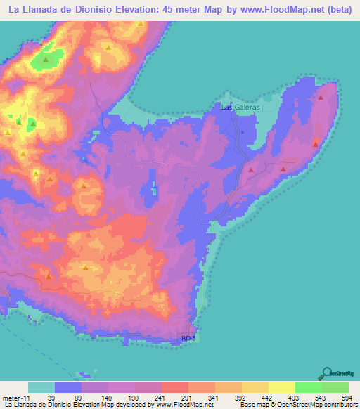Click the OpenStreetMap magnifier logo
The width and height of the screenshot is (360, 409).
point(326,373)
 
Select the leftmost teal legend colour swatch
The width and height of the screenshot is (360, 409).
point(41,387)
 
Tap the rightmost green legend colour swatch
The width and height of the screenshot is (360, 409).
point(335,387)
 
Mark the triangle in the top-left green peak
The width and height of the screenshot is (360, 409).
point(46,60)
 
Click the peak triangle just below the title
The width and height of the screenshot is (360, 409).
point(141,23)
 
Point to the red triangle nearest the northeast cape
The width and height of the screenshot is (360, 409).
point(321,98)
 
